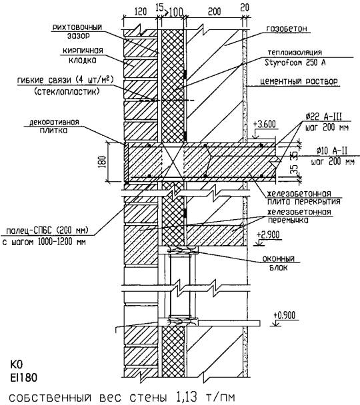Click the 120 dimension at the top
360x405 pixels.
point(141,11)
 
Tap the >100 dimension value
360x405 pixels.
point(173,12)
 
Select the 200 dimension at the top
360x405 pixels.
point(214,11)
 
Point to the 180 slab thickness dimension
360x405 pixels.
point(103,163)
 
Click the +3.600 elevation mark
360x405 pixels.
point(265,125)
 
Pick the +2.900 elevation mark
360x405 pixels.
point(268,234)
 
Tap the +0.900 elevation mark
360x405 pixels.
point(284,315)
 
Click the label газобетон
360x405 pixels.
point(287,29)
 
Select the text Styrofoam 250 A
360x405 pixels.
point(295,62)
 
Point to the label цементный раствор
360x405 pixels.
point(299,81)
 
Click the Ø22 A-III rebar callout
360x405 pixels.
point(323,117)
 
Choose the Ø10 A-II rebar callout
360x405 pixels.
point(332,151)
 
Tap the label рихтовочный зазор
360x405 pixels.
point(77,31)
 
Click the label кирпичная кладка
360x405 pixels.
point(83,55)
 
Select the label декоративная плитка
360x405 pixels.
point(54,126)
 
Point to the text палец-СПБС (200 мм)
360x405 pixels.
point(47,230)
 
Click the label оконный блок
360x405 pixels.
point(279,263)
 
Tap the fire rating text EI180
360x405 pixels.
point(24,378)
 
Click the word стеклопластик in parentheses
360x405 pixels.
point(67,91)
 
